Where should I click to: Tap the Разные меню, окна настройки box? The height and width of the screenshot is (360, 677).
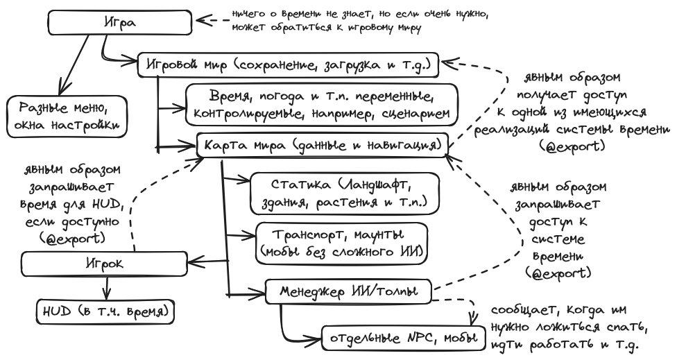(x=67, y=117)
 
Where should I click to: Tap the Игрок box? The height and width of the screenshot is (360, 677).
(x=103, y=262)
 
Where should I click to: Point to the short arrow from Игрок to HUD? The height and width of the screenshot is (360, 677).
(x=106, y=286)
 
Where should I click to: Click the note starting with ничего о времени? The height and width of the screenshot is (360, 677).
(x=361, y=22)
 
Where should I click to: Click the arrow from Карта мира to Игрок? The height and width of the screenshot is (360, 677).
(x=208, y=261)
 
